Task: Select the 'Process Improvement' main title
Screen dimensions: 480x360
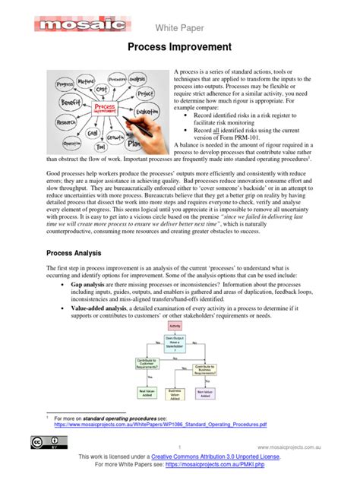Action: point(180,47)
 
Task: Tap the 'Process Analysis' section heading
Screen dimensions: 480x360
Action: point(80,252)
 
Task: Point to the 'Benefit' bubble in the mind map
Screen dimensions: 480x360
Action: point(70,100)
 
